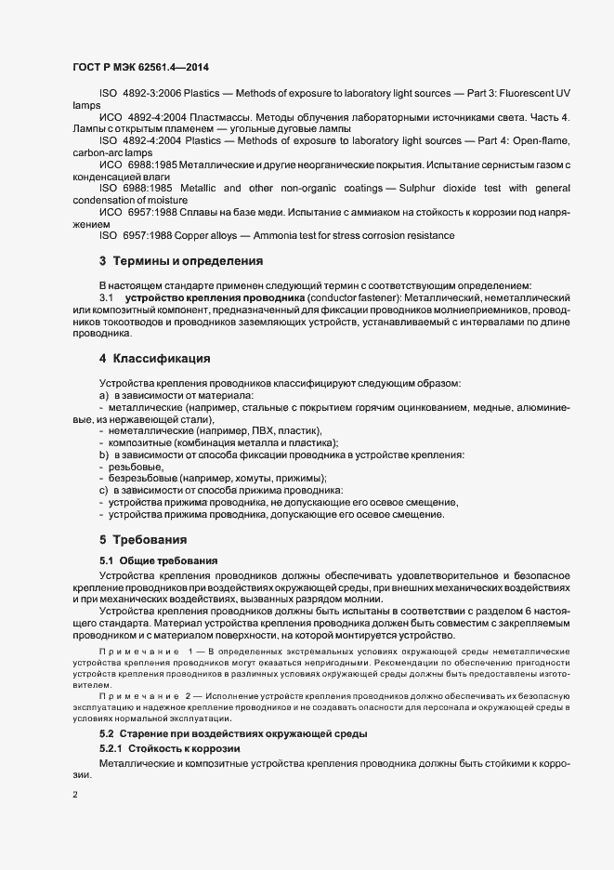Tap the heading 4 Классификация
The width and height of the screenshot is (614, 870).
coord(155,358)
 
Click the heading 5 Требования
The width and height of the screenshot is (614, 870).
coord(144,539)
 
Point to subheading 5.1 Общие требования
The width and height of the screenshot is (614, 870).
coord(158,560)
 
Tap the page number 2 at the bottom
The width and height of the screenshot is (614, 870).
coord(75,792)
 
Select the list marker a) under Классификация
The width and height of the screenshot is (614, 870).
coord(104,395)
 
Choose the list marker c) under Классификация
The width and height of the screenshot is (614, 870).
coord(104,490)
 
